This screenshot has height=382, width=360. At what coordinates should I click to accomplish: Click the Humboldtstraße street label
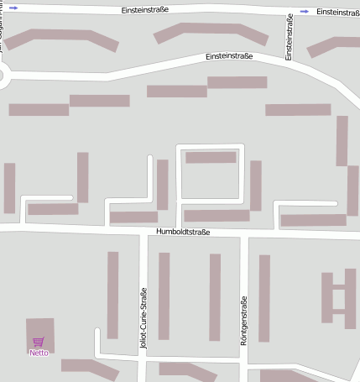(x=183, y=232)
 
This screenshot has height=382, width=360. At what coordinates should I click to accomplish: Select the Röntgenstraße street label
(x=244, y=321)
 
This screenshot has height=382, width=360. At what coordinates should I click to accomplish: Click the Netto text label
(x=39, y=353)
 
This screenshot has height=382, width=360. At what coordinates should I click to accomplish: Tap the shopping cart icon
(x=38, y=342)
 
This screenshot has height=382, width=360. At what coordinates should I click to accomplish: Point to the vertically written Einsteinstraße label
(x=289, y=39)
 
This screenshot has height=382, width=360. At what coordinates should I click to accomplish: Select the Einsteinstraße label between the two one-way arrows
(x=145, y=10)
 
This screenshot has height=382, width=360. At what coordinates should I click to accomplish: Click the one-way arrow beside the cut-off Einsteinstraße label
(x=303, y=12)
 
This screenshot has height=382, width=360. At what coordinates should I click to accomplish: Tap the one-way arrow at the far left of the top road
(x=13, y=8)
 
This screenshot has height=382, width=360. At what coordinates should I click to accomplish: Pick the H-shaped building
(x=338, y=298)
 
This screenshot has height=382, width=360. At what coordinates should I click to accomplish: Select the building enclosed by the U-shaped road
(x=211, y=157)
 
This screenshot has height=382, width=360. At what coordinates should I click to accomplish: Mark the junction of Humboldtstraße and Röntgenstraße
(x=244, y=233)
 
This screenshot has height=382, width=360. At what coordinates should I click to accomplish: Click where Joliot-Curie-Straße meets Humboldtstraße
(x=143, y=231)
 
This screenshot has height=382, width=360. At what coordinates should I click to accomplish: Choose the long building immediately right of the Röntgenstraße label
(x=263, y=298)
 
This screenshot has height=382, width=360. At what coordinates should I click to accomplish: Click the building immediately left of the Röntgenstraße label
(x=215, y=297)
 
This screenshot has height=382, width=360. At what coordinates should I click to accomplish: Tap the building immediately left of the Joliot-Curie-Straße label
(x=112, y=295)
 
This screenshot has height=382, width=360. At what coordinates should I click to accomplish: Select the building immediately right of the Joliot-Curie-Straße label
(x=164, y=296)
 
